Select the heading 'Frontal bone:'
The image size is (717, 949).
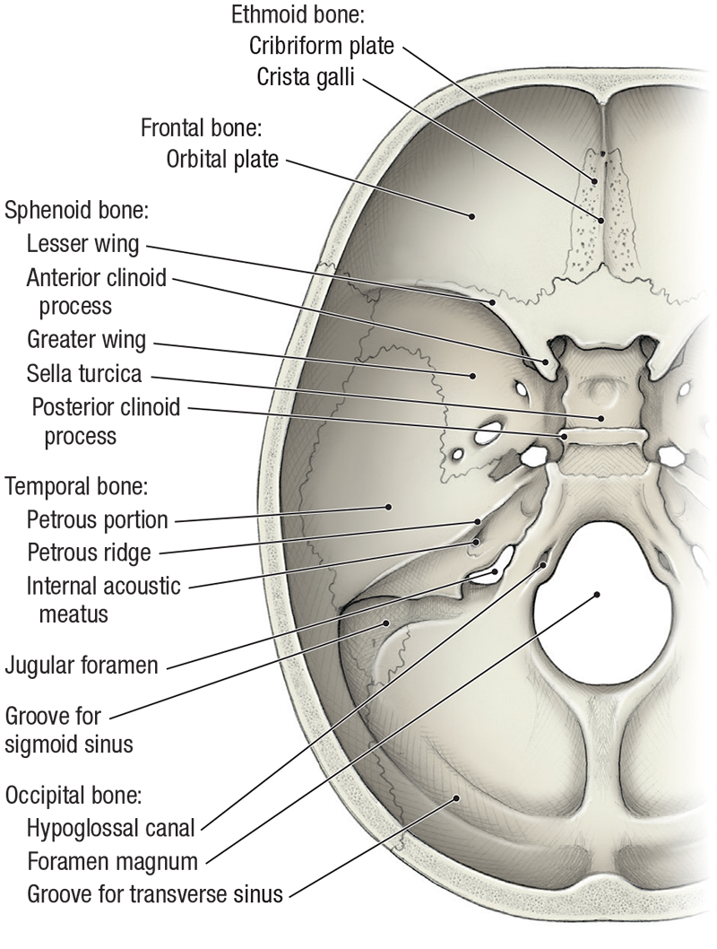[x=201, y=127]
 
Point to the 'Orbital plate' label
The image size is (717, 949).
[x=223, y=160]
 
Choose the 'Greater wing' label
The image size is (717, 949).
[x=86, y=340]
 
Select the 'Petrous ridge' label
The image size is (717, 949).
[x=90, y=551]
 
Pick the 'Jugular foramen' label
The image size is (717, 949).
[x=82, y=666]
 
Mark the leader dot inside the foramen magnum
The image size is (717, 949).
[x=596, y=594]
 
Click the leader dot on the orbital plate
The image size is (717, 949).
[x=470, y=214]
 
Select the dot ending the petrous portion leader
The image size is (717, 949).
[x=389, y=508]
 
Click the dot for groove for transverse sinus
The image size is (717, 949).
[x=456, y=797]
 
